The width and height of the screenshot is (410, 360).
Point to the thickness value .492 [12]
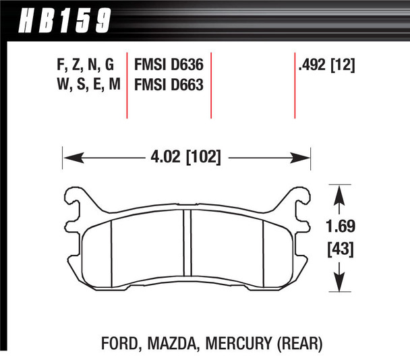click(326, 65)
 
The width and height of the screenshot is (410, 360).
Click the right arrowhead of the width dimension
click(304, 159)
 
